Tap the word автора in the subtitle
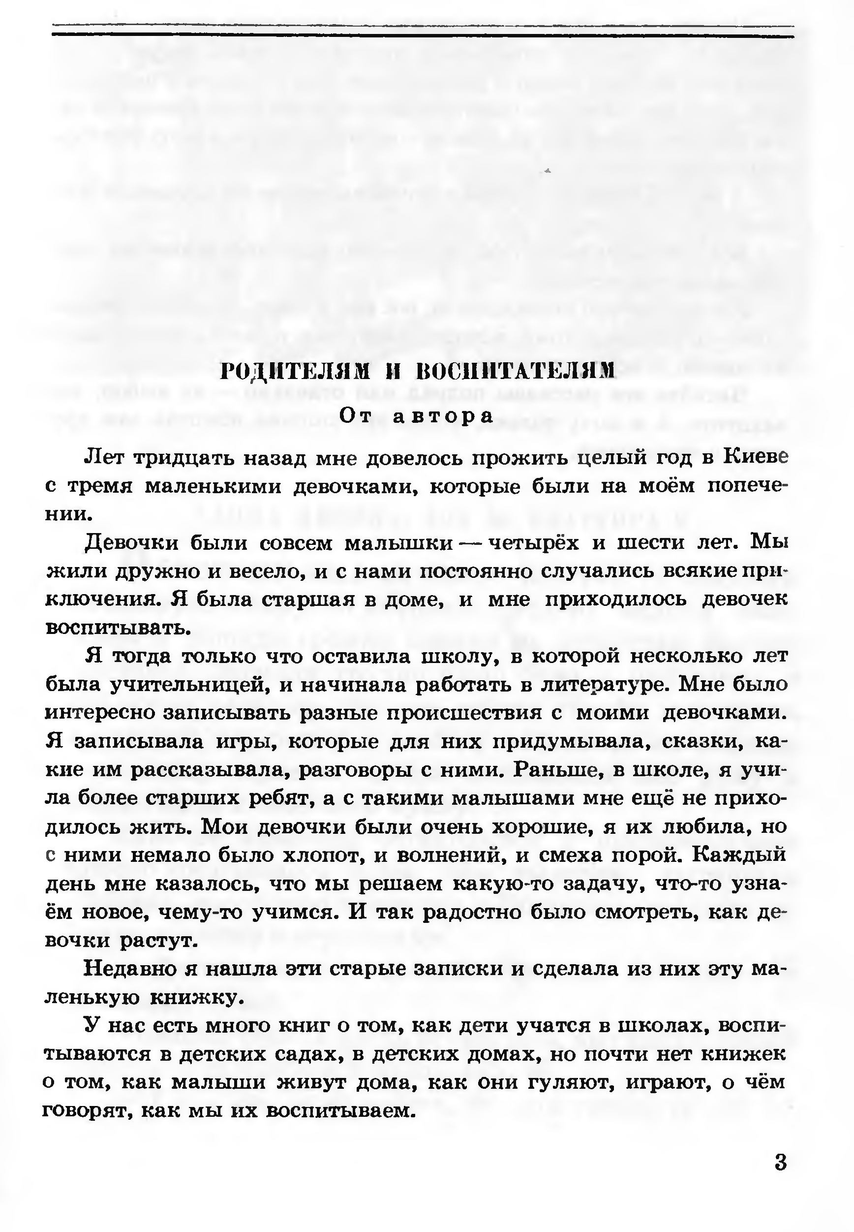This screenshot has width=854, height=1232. [x=443, y=416]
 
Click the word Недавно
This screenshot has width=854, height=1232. [x=130, y=970]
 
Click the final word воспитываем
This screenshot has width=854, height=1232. [x=340, y=1111]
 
